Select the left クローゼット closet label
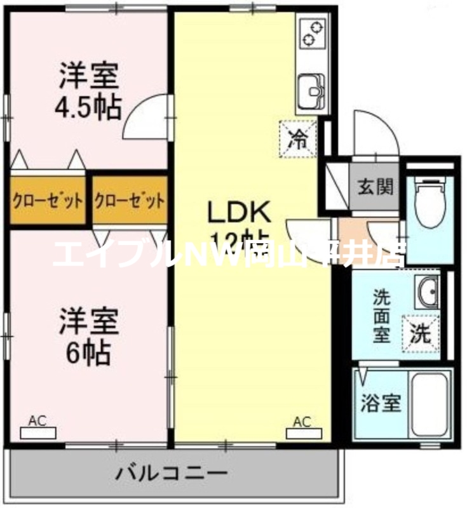[x=48, y=201]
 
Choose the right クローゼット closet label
[x=130, y=201]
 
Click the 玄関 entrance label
[x=375, y=187]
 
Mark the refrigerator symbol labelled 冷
[x=297, y=138]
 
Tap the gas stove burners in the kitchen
[x=311, y=34]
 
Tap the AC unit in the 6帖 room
[x=37, y=434]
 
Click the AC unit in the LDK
[x=302, y=434]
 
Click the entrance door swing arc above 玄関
[x=376, y=133]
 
